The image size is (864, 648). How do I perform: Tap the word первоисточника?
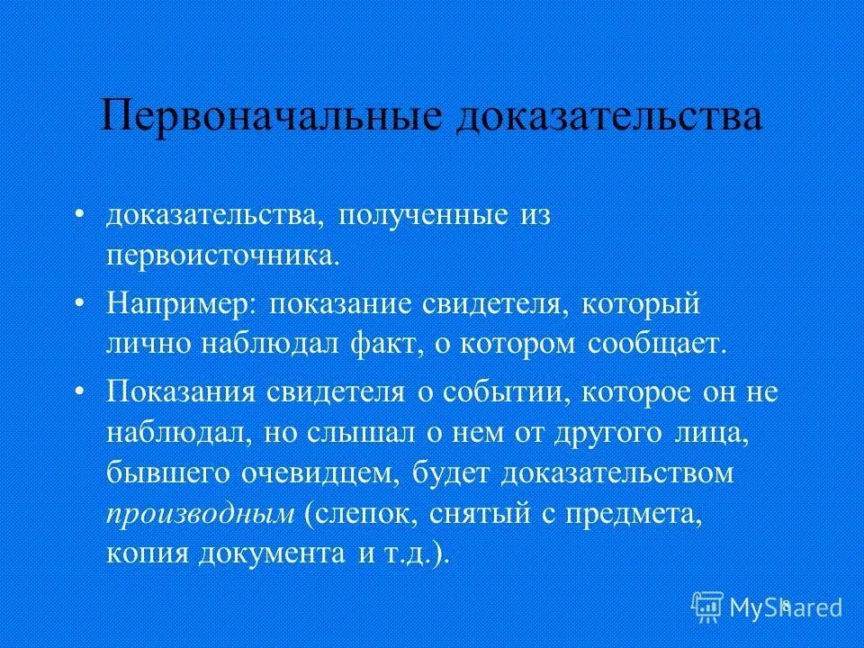pyautogui.click(x=224, y=255)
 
